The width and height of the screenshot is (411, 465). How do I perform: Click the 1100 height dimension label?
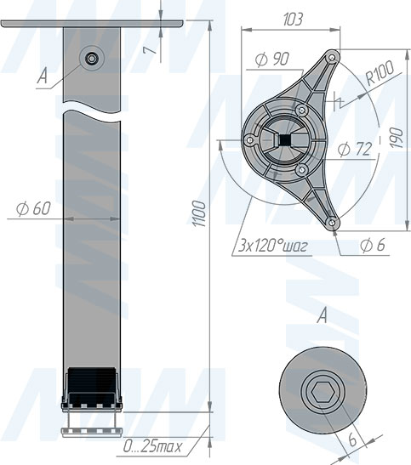coord(198,213)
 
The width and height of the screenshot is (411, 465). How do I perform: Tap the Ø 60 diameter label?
coord(33,209)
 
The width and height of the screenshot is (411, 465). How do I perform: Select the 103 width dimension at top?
coord(292,20)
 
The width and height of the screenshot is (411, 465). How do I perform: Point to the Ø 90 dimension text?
coord(271,59)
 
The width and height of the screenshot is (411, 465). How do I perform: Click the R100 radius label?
coord(380,72)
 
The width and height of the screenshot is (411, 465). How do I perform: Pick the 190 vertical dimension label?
coord(396,138)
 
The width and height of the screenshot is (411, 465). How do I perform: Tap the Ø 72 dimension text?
coord(355,149)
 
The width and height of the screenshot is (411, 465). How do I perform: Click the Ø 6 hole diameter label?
coord(373,246)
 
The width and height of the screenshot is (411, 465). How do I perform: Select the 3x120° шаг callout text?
coord(273,246)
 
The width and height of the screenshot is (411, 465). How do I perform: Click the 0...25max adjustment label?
coord(152,446)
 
